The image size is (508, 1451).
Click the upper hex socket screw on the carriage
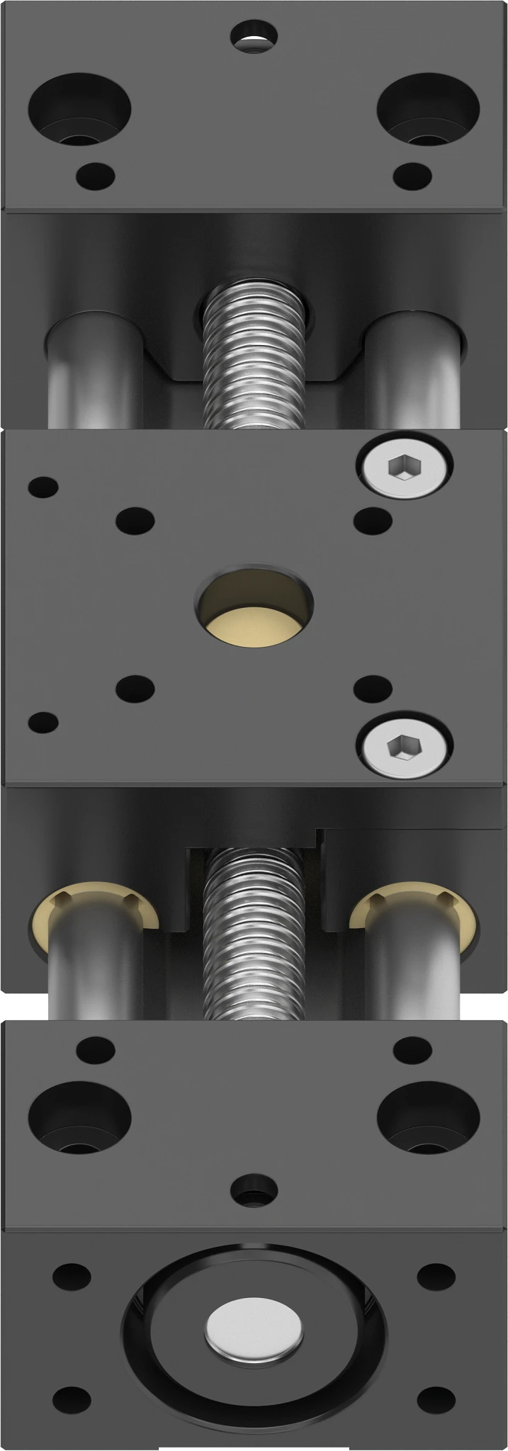(x=404, y=468)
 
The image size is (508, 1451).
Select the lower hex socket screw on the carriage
(x=404, y=745)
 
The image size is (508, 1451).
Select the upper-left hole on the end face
(x=72, y=1276)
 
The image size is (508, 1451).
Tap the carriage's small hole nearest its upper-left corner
(x=43, y=487)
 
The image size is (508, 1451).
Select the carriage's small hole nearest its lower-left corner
(x=43, y=722)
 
